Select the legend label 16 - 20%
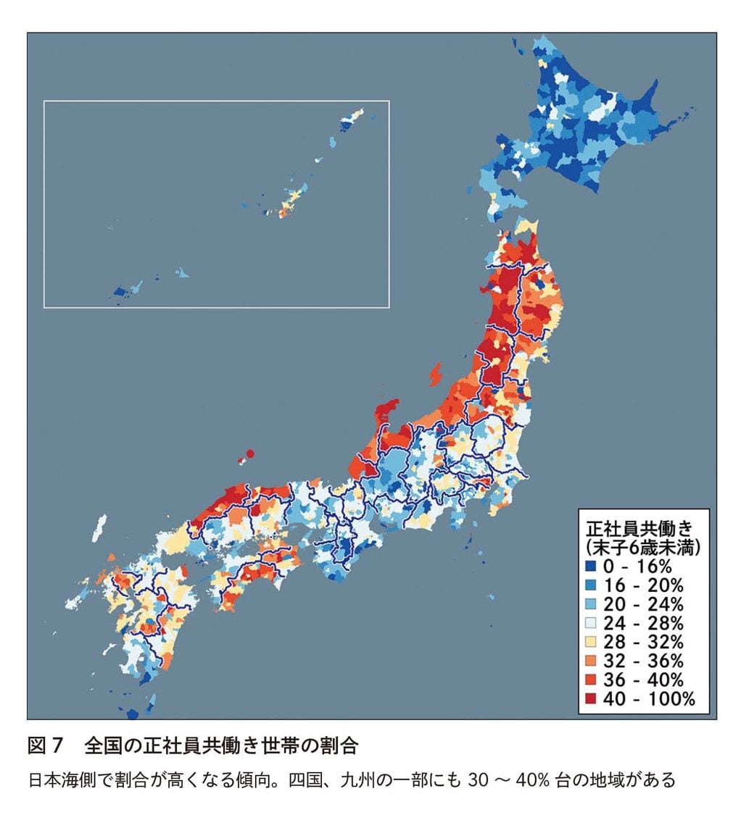643,585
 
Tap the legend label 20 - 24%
643,604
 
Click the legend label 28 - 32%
643,642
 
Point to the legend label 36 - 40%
643,679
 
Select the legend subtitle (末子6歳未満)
642,546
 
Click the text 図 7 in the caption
46,745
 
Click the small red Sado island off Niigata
436,375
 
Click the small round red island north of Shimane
250,454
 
